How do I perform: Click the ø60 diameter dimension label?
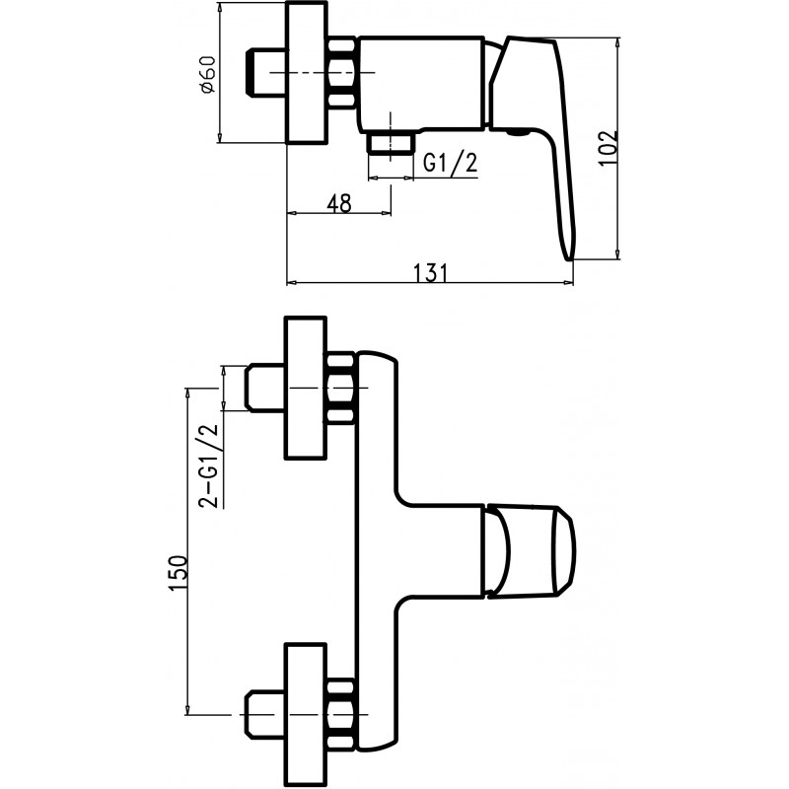tap(207, 74)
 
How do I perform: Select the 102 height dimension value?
tap(609, 148)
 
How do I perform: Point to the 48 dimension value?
tap(338, 203)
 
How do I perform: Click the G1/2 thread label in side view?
tap(450, 164)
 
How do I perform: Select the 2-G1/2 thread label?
tap(209, 466)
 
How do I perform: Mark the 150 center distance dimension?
tap(178, 572)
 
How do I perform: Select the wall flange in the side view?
tap(307, 75)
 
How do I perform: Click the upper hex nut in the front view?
tap(340, 390)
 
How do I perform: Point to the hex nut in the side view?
tap(343, 74)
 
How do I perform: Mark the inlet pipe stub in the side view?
tap(264, 75)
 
